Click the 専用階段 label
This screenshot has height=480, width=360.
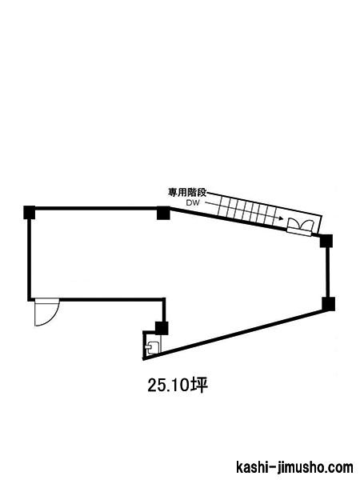point(187,193)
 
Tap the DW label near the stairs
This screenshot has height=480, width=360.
point(193,202)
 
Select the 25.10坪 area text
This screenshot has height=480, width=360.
point(178,385)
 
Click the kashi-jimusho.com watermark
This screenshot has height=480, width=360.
point(294,467)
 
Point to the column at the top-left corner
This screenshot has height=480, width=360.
point(30,213)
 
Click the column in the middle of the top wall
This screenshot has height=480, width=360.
point(163,213)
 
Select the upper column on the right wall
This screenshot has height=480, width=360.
point(326,241)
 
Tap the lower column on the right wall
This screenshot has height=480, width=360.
point(328,304)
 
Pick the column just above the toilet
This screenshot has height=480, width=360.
point(162,329)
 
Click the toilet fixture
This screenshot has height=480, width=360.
point(152,348)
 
